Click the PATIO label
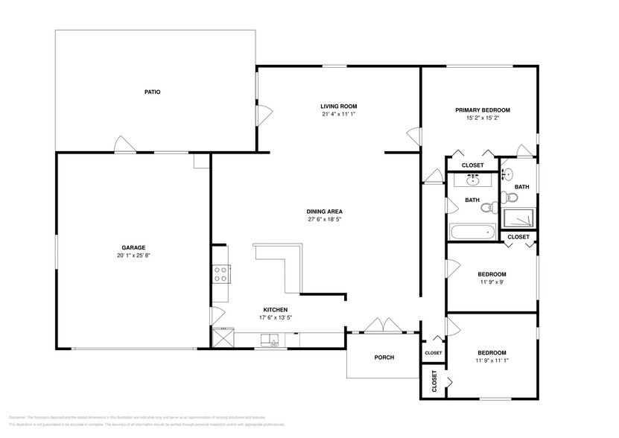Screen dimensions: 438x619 153,92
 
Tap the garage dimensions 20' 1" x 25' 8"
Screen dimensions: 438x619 134,256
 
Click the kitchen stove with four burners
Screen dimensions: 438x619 220,274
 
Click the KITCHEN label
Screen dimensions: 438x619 275,310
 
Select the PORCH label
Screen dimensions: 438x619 384,358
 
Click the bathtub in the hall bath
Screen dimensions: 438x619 472,232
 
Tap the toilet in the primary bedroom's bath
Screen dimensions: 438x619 510,197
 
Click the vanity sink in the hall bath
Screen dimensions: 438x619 473,180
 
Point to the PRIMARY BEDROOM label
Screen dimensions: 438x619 483,110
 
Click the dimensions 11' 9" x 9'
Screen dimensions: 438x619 492,282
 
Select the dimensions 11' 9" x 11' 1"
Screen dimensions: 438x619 492,361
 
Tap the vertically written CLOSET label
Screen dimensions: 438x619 434,381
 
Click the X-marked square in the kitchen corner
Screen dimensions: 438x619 222,338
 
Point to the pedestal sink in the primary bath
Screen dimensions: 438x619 506,174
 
